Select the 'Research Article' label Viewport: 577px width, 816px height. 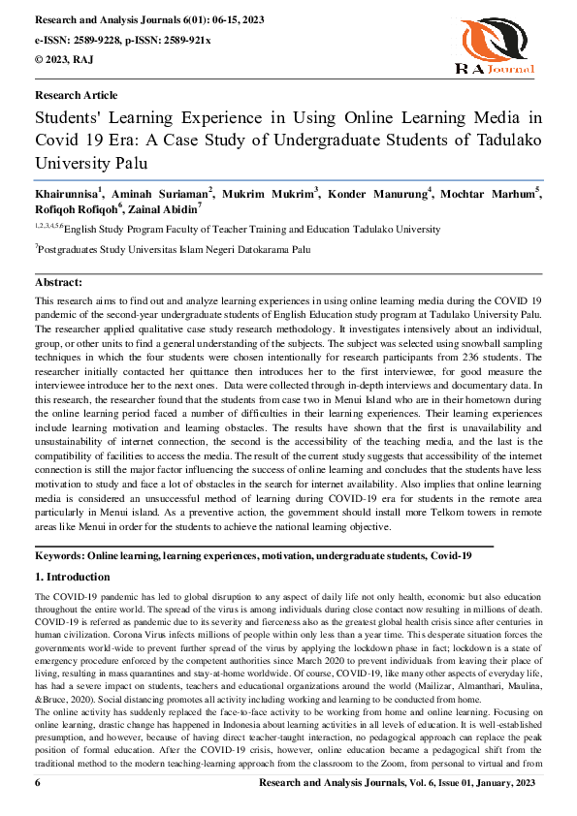pyautogui.click(x=76, y=95)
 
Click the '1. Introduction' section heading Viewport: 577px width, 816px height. pyautogui.click(x=73, y=577)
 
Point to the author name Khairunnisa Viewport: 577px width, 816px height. pyautogui.click(x=72, y=195)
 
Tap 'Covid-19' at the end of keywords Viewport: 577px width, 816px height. pyautogui.click(x=451, y=558)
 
